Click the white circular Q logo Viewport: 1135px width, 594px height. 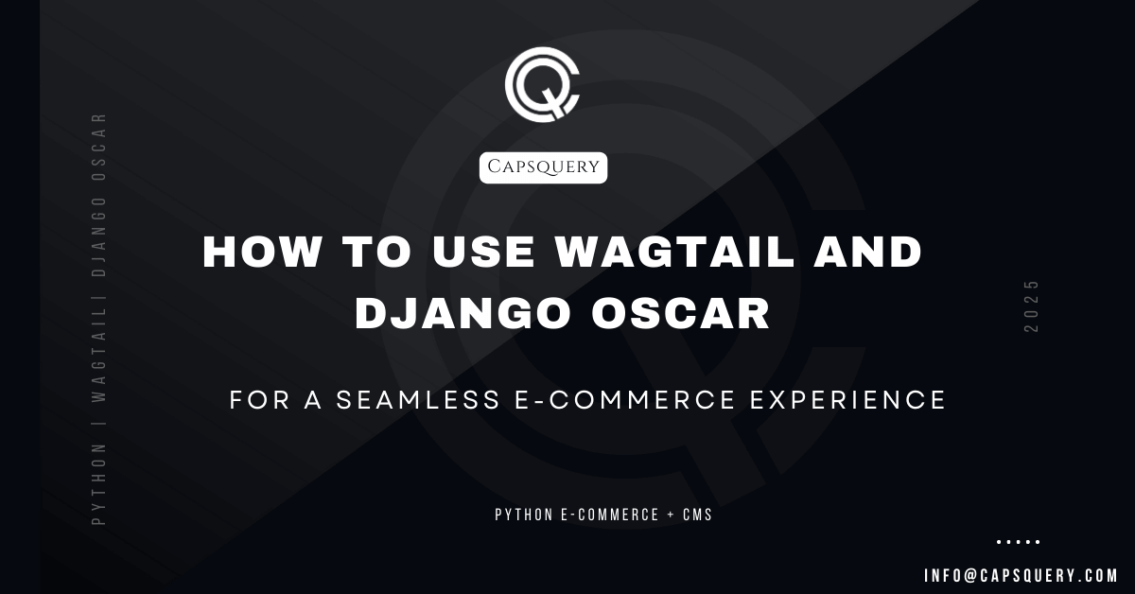coord(542,84)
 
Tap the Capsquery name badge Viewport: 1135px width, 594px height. coord(543,167)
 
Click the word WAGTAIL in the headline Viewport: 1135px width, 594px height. coord(675,252)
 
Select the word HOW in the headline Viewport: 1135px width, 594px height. coord(262,252)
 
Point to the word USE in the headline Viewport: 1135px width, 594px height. coord(483,252)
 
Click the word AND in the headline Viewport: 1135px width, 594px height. coord(868,252)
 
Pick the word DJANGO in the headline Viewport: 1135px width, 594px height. coord(463,313)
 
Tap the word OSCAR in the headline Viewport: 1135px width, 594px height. coord(681,313)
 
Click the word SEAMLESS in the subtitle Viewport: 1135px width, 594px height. coord(418,400)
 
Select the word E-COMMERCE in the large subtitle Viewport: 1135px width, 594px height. coord(625,400)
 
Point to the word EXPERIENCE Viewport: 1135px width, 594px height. coord(847,400)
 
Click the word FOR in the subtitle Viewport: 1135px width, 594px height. coord(259,400)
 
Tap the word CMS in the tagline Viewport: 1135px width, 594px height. coord(697,515)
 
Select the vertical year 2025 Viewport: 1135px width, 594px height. coord(1031,306)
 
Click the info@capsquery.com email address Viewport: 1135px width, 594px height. coord(1021,576)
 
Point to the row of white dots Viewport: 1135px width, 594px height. coord(1019,542)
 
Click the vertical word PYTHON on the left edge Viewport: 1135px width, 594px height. coord(98,484)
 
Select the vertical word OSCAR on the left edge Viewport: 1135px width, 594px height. coord(98,147)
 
